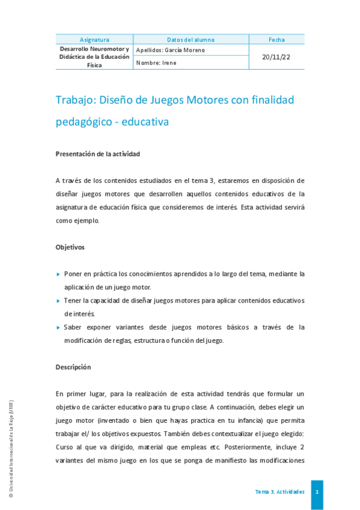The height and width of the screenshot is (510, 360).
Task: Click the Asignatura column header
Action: [x=94, y=39]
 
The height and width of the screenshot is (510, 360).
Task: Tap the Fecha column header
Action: [x=276, y=39]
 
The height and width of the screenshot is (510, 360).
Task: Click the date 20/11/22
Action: [x=276, y=57]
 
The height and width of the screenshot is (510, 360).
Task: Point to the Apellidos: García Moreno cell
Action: [x=171, y=50]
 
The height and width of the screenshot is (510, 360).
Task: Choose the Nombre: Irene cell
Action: [x=156, y=63]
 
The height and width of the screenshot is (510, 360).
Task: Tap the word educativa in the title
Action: [x=145, y=121]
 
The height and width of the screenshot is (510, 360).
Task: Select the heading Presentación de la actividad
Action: [x=97, y=154]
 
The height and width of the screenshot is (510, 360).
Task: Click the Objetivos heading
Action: [x=70, y=247]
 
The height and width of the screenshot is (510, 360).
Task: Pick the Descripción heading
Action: [x=73, y=367]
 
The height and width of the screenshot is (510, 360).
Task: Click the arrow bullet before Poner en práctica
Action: [x=58, y=274]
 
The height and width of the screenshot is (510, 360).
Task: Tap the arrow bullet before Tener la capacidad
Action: [x=58, y=301]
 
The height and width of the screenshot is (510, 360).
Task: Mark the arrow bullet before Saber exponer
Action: [x=58, y=328]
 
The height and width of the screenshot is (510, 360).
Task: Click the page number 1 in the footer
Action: [x=317, y=491]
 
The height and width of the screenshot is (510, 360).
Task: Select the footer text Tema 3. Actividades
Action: [x=279, y=491]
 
